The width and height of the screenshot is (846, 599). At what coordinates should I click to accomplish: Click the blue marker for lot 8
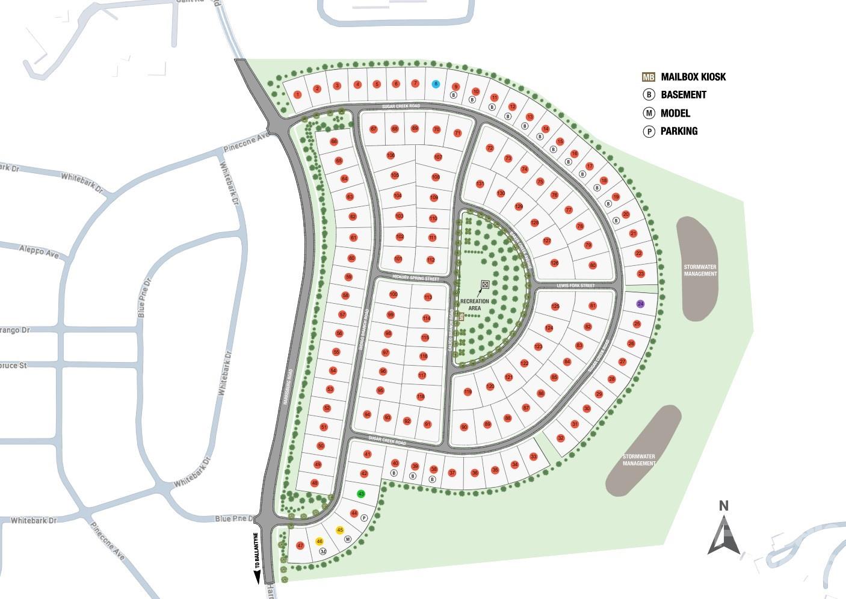pyautogui.click(x=436, y=84)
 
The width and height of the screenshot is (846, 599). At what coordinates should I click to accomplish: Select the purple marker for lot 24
pyautogui.click(x=641, y=304)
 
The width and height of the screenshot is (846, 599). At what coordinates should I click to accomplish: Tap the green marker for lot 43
pyautogui.click(x=361, y=494)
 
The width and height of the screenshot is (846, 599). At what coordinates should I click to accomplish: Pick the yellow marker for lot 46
pyautogui.click(x=320, y=541)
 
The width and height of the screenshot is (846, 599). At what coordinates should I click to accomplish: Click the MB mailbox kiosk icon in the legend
pyautogui.click(x=648, y=77)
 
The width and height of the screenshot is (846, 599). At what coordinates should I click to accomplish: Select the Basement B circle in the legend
pyautogui.click(x=649, y=94)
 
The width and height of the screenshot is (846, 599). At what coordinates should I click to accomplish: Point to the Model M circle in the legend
pyautogui.click(x=649, y=113)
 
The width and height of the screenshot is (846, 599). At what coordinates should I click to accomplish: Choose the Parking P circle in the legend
pyautogui.click(x=649, y=131)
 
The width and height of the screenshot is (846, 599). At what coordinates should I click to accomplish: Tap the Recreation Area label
pyautogui.click(x=474, y=304)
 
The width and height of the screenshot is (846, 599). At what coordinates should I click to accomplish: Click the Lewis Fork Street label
pyautogui.click(x=575, y=286)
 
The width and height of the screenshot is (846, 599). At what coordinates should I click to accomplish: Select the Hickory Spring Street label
pyautogui.click(x=416, y=278)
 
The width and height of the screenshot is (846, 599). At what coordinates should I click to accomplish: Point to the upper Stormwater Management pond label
pyautogui.click(x=700, y=270)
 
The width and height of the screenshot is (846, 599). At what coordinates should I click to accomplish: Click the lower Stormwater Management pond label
pyautogui.click(x=638, y=460)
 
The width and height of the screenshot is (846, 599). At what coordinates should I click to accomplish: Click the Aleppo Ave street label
pyautogui.click(x=39, y=251)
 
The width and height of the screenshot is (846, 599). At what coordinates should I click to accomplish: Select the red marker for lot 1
pyautogui.click(x=297, y=94)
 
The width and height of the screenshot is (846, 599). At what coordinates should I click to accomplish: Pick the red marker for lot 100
pyautogui.click(x=394, y=295)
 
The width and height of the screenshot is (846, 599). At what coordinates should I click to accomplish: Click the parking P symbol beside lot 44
pyautogui.click(x=364, y=518)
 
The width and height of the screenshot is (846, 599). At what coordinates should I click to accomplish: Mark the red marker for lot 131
pyautogui.click(x=480, y=184)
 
